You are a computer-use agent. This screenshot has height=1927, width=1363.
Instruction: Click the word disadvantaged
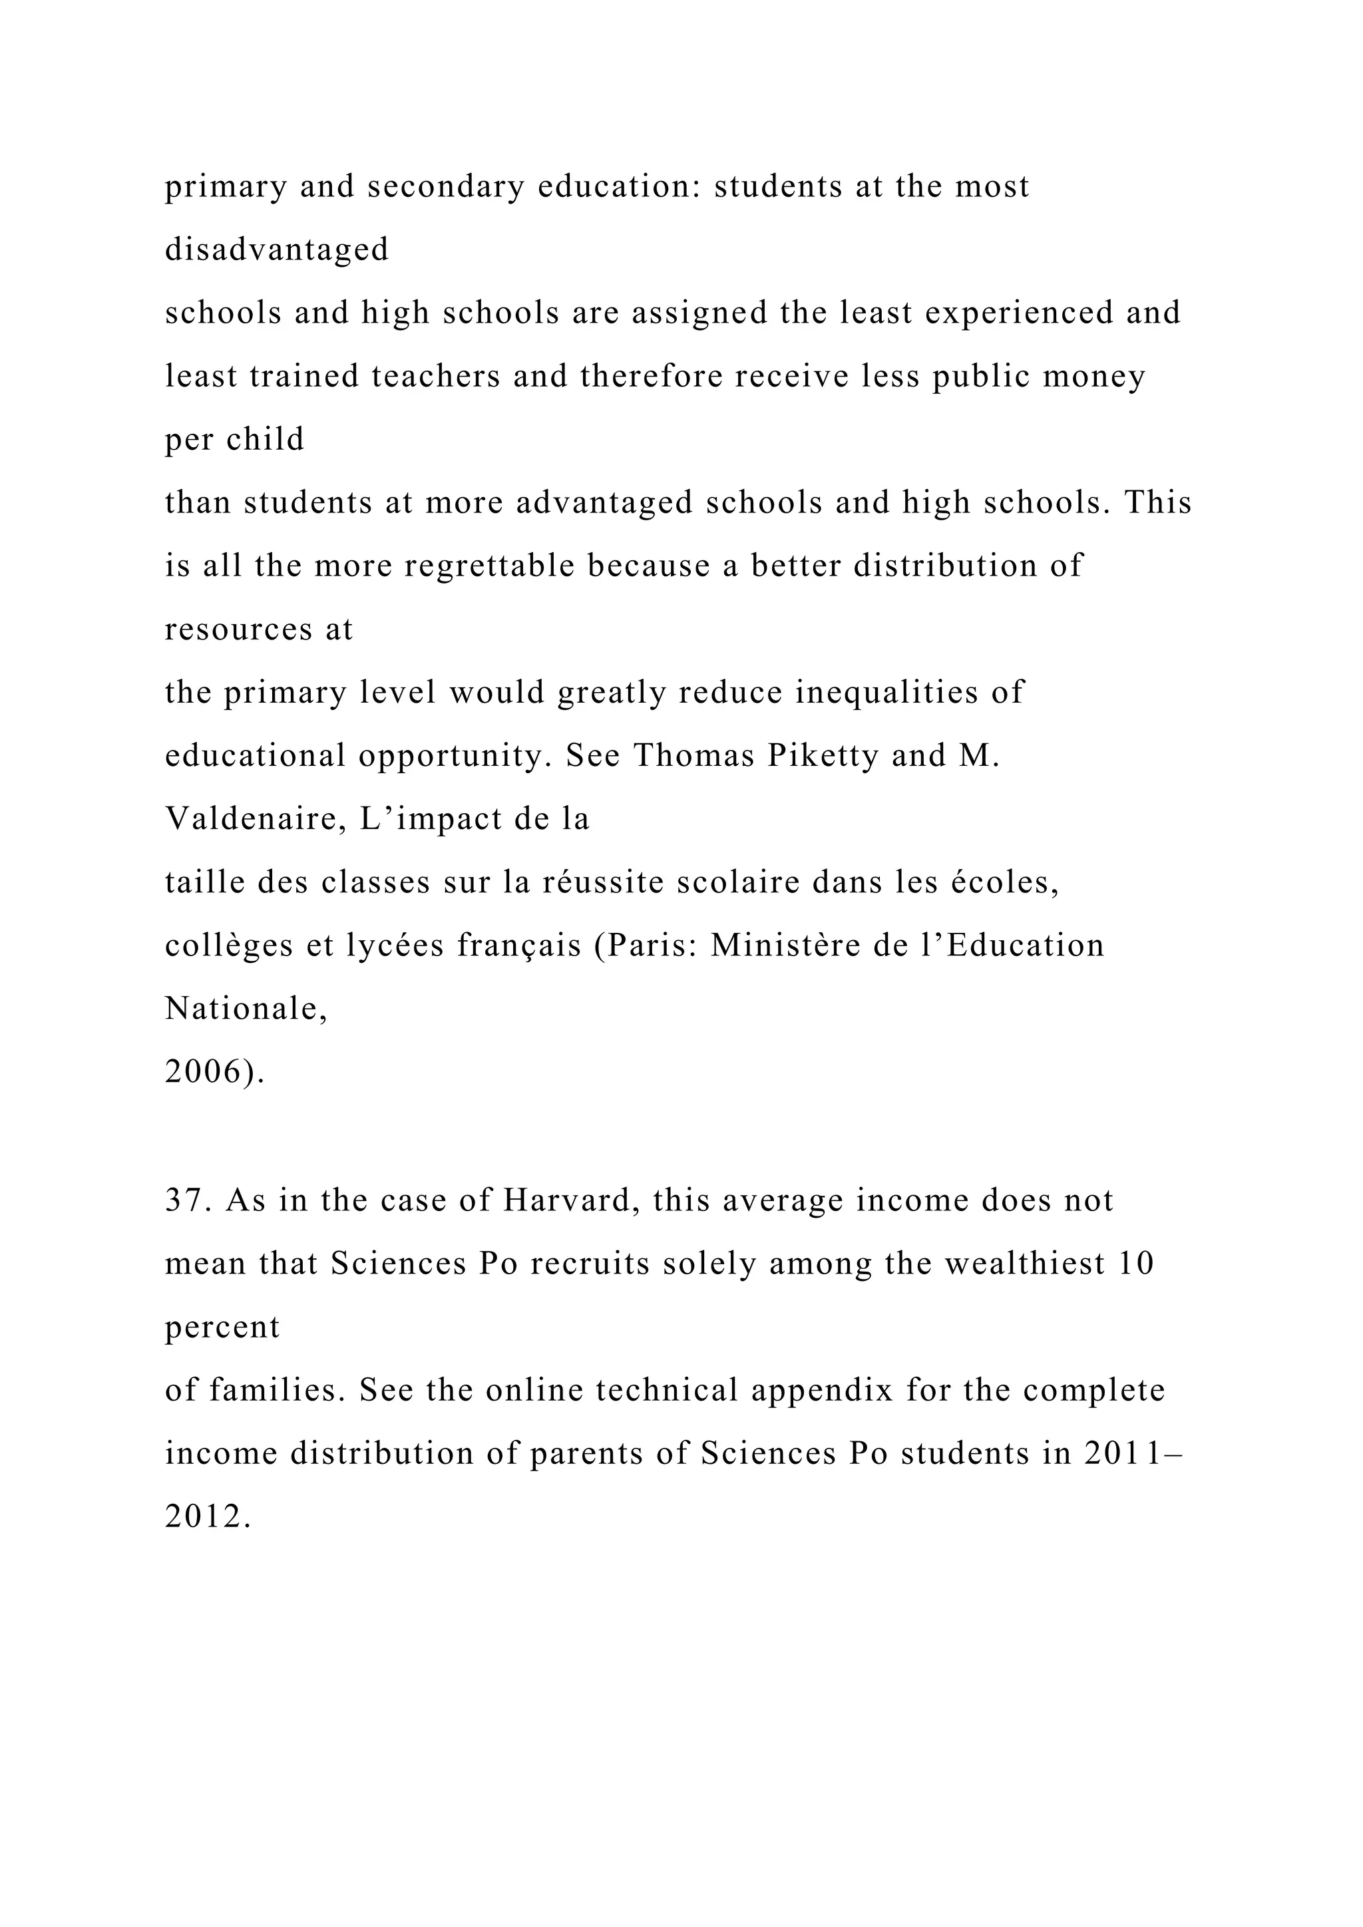pyautogui.click(x=276, y=250)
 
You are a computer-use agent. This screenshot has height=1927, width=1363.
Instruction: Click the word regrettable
pyautogui.click(x=489, y=566)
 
